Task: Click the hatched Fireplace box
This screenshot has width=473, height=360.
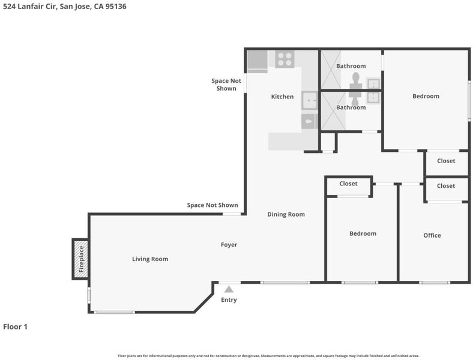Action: coord(80,259)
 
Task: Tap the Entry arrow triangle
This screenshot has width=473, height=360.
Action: coord(229,289)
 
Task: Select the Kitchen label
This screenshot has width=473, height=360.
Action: coord(282,97)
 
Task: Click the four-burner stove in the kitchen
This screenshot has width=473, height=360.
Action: coord(285,59)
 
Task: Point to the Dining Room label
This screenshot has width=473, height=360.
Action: coord(286,214)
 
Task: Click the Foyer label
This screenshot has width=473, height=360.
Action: coord(229,245)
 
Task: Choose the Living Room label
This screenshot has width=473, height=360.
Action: coord(150,259)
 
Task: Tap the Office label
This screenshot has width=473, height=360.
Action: coord(432,235)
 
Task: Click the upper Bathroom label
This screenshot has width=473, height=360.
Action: coord(351,66)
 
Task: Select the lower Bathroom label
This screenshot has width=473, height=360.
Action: coord(351,107)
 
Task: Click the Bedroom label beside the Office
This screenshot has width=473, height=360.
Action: coord(363,233)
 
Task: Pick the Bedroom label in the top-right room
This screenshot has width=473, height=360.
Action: coord(426,96)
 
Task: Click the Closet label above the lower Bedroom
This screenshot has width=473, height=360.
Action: coord(348,184)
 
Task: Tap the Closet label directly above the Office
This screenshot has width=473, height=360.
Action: coord(446,186)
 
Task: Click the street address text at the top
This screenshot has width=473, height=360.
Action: coord(65,7)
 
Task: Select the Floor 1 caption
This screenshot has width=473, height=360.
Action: coord(15,327)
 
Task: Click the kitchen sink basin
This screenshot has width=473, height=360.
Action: coord(310,100)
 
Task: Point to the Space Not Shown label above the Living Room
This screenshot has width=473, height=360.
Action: coord(212,205)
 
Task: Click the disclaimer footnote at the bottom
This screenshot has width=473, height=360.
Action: coord(268,356)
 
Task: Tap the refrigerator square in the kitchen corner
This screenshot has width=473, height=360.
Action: coord(258,59)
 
